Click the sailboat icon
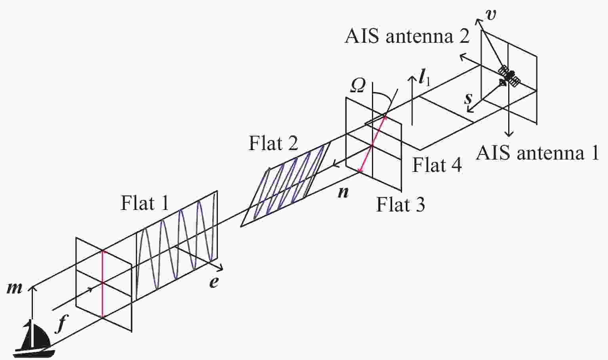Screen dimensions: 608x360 (34, 339)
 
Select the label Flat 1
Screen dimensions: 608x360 (145, 203)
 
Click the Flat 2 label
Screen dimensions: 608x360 (273, 143)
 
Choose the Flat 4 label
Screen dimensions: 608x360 (437, 165)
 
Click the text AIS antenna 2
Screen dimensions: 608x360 (407, 36)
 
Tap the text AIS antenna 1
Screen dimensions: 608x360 (537, 152)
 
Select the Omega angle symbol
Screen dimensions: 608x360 (357, 86)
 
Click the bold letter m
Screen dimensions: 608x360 (14, 289)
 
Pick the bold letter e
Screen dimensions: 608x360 (214, 283)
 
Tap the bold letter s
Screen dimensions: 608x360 (468, 98)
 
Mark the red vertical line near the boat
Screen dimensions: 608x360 (103, 284)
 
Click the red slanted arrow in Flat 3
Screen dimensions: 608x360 (372, 143)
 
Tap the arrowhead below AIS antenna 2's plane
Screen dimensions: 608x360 (509, 133)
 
